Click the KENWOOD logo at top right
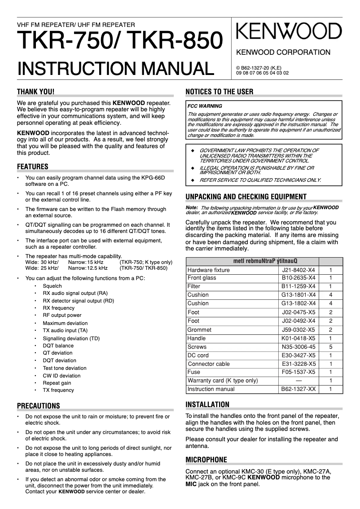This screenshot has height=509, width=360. [289, 32]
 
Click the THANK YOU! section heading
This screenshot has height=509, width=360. [35, 92]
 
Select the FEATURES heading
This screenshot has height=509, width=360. [32, 167]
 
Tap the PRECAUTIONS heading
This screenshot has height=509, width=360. [38, 406]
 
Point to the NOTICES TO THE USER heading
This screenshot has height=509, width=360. [220, 92]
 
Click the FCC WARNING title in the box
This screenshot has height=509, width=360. [205, 106]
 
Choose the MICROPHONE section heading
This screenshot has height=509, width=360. [206, 460]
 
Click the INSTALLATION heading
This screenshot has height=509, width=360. [207, 404]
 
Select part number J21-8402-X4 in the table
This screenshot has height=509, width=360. [299, 270]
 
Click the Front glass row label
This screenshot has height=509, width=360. [202, 278]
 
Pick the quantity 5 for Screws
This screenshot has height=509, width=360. [331, 347]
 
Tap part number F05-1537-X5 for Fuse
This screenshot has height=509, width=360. [299, 372]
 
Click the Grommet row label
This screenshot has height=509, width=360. [199, 329]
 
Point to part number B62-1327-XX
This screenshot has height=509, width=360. [299, 389]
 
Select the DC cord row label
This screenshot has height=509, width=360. [198, 355]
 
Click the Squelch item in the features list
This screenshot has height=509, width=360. [52, 286]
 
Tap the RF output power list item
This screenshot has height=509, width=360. [62, 316]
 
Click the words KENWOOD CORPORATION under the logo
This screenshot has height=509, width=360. [283, 53]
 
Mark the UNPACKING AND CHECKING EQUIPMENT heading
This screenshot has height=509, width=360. [246, 197]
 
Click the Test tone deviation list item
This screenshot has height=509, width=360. [65, 368]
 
